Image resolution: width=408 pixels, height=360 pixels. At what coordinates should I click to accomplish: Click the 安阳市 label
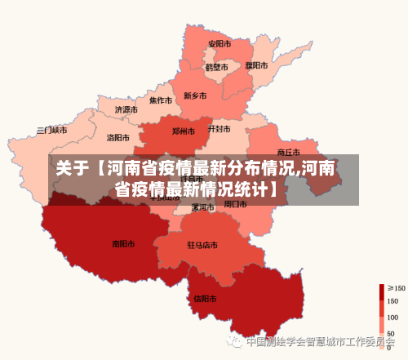click(219, 44)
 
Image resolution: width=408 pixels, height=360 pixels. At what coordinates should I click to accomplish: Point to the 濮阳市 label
click(256, 65)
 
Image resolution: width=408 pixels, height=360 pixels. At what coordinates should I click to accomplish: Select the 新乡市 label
click(195, 96)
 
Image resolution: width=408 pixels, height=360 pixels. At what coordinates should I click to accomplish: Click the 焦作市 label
click(161, 101)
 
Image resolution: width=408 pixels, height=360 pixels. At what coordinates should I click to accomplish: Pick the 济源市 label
click(126, 109)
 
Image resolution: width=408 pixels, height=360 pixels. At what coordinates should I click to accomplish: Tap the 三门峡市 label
click(52, 130)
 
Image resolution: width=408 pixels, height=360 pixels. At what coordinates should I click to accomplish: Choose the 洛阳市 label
click(118, 138)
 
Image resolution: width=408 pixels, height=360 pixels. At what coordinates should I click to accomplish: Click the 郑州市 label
click(184, 131)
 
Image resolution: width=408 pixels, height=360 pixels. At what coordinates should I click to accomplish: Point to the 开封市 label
click(220, 129)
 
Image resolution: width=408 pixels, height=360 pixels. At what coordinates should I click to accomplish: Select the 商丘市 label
click(289, 152)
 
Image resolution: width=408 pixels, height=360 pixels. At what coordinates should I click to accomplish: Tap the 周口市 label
click(236, 204)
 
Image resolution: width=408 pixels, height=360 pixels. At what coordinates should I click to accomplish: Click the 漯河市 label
click(202, 207)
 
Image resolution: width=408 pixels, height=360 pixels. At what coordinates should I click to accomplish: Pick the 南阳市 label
click(123, 243)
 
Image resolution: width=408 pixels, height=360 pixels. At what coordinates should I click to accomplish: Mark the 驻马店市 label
click(202, 245)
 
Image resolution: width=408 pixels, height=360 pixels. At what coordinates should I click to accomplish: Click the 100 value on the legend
click(392, 318)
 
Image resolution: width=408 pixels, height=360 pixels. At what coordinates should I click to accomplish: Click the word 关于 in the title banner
click(72, 169)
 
